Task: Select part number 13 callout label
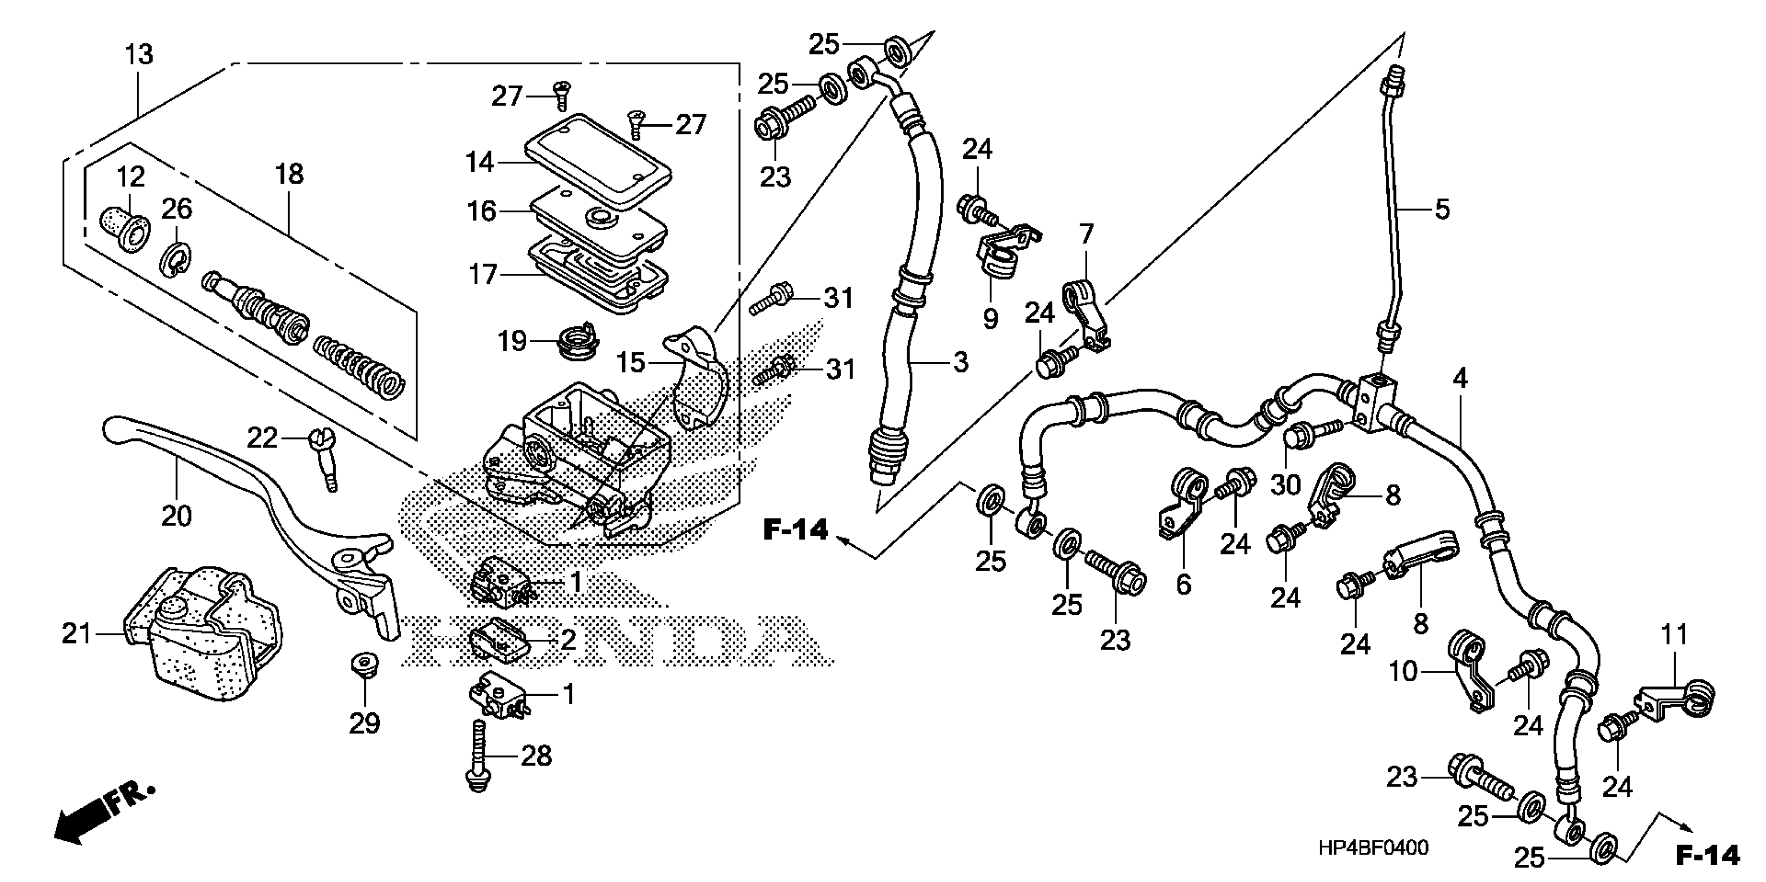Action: (139, 55)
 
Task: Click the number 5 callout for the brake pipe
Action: (1442, 210)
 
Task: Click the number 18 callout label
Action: (289, 175)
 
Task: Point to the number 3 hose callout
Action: (961, 362)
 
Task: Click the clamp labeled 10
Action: (1467, 674)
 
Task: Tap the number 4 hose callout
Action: (1460, 378)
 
